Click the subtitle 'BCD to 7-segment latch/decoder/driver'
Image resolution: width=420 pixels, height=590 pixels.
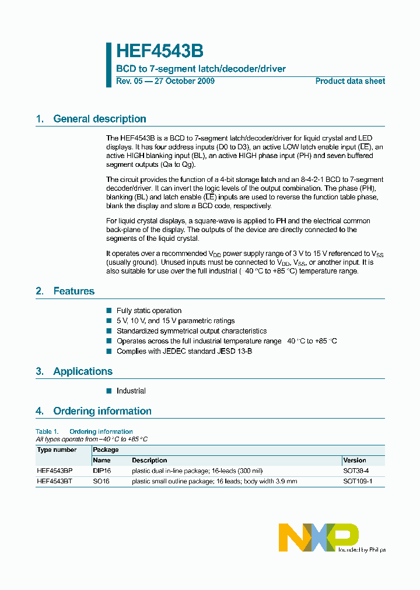point(201,69)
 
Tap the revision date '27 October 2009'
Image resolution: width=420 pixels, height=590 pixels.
point(184,81)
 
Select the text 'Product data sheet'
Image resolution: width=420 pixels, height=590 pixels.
point(350,81)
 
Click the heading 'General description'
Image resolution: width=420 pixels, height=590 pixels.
point(99,119)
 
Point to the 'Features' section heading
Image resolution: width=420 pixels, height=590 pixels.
point(73,291)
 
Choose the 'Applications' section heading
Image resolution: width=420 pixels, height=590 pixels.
point(82,371)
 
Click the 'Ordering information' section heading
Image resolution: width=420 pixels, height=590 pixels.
point(102,411)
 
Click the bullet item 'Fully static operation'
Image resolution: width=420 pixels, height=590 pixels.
point(149,311)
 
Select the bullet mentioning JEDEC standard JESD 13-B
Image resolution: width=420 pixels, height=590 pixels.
point(184,351)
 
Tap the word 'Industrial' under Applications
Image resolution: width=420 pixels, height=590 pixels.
point(131,391)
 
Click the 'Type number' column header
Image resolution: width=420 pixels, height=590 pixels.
point(57,450)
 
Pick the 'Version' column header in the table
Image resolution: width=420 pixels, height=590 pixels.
point(355,460)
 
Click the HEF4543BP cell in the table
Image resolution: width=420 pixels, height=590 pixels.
point(55,470)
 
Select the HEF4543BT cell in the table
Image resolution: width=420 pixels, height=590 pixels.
point(54,482)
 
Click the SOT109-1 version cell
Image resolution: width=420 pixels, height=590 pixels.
point(357,482)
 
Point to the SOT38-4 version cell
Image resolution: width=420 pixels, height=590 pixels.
point(356,470)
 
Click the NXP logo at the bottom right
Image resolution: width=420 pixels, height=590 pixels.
point(318,537)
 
